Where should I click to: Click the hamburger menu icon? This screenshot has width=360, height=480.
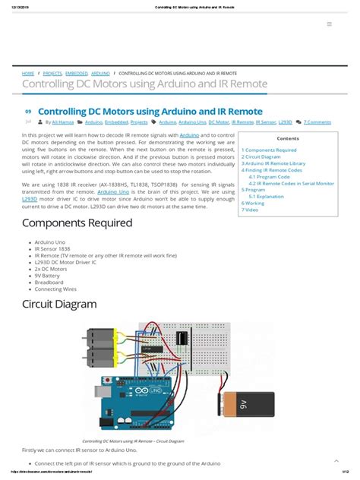coord(329,24)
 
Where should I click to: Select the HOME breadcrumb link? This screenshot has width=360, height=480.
coord(28,74)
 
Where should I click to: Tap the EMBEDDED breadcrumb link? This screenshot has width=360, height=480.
coord(77,74)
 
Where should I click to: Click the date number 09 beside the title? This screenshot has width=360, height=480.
coord(27,111)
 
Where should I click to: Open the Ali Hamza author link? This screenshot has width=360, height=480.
coord(63,122)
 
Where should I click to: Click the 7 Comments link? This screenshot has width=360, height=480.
coord(317,122)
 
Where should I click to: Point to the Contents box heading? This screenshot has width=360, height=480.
coord(288,139)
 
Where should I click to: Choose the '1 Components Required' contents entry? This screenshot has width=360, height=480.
coord(269,150)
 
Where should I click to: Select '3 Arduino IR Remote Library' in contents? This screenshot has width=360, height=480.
coord(273,163)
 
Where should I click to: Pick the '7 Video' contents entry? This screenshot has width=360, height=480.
coord(250,210)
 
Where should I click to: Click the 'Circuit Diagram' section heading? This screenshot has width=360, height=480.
coord(59,304)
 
